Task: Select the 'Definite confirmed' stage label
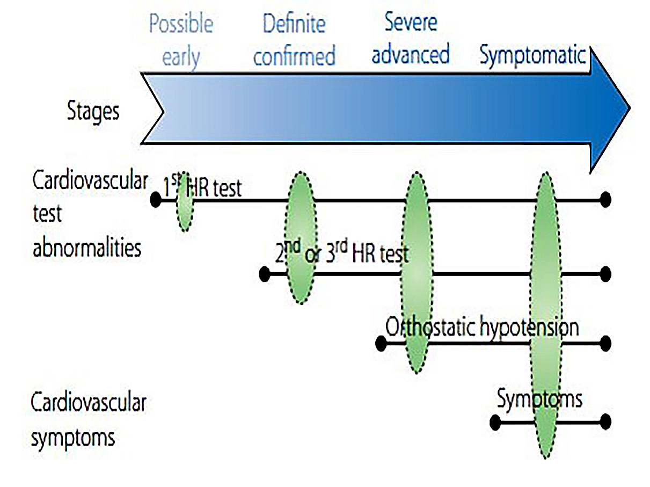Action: (294, 41)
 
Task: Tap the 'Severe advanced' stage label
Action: (411, 39)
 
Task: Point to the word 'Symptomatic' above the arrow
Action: (532, 55)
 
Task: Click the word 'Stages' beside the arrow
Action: (93, 112)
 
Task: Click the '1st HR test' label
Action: (203, 187)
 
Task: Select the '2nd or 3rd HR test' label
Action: (341, 254)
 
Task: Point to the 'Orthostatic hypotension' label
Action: (482, 327)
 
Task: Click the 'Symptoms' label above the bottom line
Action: (539, 399)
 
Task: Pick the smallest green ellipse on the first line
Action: (184, 202)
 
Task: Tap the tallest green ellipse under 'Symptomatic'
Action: (546, 315)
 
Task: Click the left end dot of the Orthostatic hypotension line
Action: (381, 343)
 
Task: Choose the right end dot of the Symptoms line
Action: (605, 422)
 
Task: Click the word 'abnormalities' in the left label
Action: (87, 249)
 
